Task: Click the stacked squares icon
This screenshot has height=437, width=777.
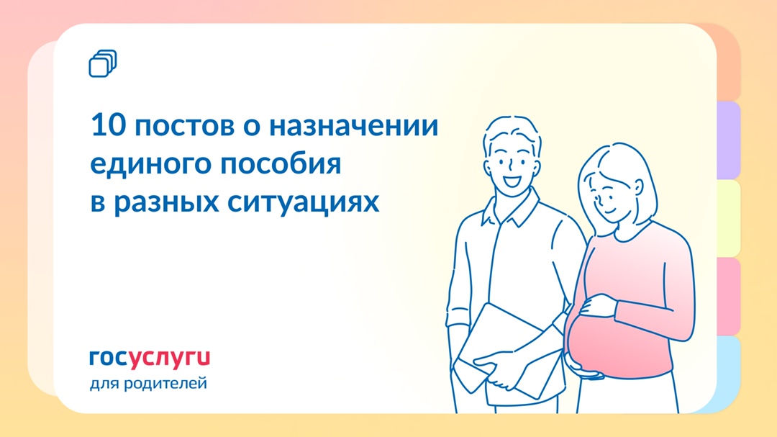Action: (102, 63)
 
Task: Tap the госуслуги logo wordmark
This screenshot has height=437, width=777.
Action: (150, 358)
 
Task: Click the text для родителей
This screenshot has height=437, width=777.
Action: (148, 384)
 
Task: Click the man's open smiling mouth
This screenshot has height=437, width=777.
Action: (513, 181)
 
